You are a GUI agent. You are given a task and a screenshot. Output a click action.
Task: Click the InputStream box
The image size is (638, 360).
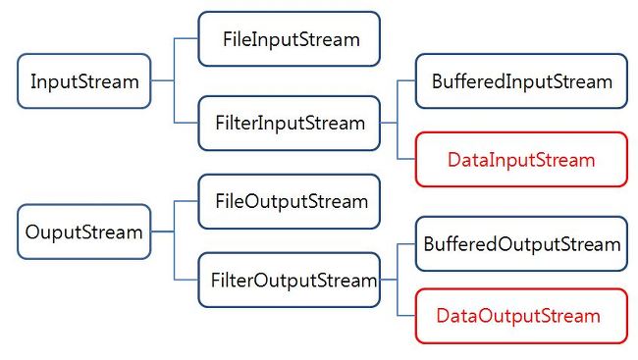84,81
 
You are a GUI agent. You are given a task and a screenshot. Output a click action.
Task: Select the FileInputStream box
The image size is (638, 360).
289,39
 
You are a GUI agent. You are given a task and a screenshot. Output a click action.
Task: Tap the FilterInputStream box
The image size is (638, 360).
289,124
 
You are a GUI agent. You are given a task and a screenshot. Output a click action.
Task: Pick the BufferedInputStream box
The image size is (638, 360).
521,81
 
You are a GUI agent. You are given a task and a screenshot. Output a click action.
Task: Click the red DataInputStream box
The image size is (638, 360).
521,159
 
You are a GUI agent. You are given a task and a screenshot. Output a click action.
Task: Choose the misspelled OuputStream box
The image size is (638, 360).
84,232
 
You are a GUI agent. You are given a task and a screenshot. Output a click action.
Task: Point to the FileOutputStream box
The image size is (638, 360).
289,202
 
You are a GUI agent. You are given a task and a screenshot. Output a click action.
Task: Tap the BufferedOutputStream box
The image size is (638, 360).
521,243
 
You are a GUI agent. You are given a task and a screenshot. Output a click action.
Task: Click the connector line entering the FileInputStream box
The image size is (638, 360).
186,39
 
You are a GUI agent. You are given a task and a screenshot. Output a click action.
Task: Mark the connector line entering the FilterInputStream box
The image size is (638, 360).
186,124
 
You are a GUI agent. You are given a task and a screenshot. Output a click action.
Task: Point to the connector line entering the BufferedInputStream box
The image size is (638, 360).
407,81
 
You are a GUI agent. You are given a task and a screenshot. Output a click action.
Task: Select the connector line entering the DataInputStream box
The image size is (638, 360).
407,159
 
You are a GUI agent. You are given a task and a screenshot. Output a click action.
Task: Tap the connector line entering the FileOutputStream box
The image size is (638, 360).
186,202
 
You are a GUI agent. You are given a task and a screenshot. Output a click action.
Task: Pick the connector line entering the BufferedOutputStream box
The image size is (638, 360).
407,243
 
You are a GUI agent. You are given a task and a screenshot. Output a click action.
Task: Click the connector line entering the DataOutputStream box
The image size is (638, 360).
407,316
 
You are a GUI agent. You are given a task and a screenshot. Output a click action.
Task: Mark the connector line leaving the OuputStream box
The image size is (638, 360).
162,232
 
